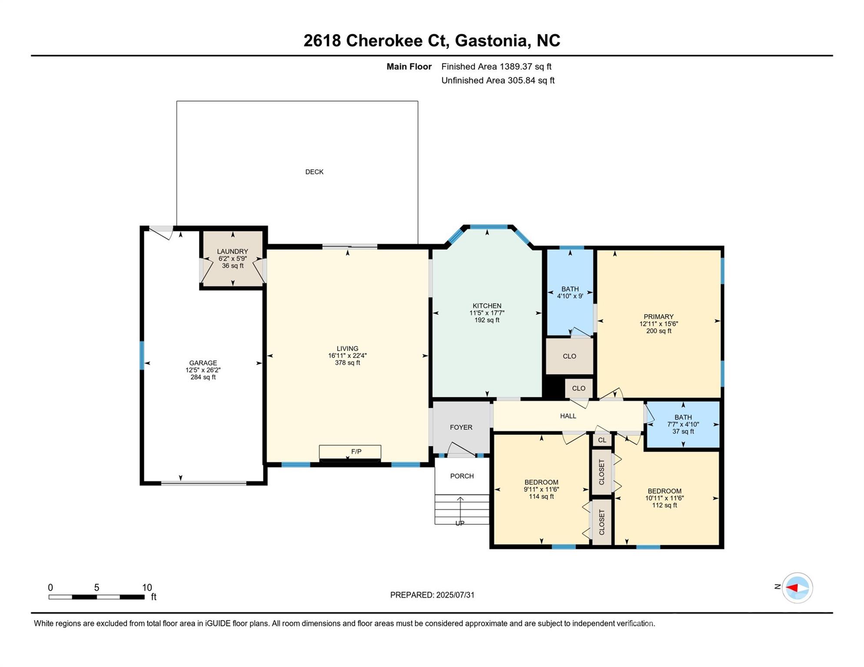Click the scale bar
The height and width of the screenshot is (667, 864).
point(96,597)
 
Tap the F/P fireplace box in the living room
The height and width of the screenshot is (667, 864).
point(350,452)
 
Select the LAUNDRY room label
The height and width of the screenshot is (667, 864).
point(233,251)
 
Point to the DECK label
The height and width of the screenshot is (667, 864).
point(314,172)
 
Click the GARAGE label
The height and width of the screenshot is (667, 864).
point(203,363)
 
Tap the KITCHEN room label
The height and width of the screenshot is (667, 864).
point(487,306)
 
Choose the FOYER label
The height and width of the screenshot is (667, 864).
point(461,427)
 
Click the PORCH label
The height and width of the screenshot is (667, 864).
point(462,476)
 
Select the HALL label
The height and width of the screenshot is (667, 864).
point(568,416)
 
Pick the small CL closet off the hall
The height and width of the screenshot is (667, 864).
point(602,440)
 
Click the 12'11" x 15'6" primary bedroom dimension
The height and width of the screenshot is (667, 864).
point(658,324)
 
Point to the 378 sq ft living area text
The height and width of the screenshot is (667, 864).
point(347,363)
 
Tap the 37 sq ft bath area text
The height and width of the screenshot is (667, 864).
point(683,431)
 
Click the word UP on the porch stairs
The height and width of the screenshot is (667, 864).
point(460,523)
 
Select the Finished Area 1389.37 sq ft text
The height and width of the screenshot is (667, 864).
point(496,66)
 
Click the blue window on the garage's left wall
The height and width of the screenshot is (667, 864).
point(142,356)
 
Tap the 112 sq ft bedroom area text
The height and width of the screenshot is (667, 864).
point(664,505)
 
